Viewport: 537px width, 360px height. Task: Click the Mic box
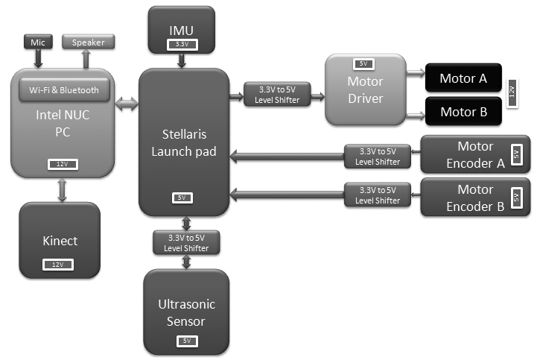36,42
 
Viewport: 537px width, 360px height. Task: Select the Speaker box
88,42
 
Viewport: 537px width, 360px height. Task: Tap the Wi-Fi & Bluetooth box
64,90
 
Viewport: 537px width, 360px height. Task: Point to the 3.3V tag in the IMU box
182,45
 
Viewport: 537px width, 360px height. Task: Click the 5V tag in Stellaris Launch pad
182,198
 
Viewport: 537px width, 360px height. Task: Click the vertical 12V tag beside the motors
512,94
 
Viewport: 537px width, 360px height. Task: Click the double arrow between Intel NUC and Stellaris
127,105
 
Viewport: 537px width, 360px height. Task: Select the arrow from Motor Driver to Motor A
414,73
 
